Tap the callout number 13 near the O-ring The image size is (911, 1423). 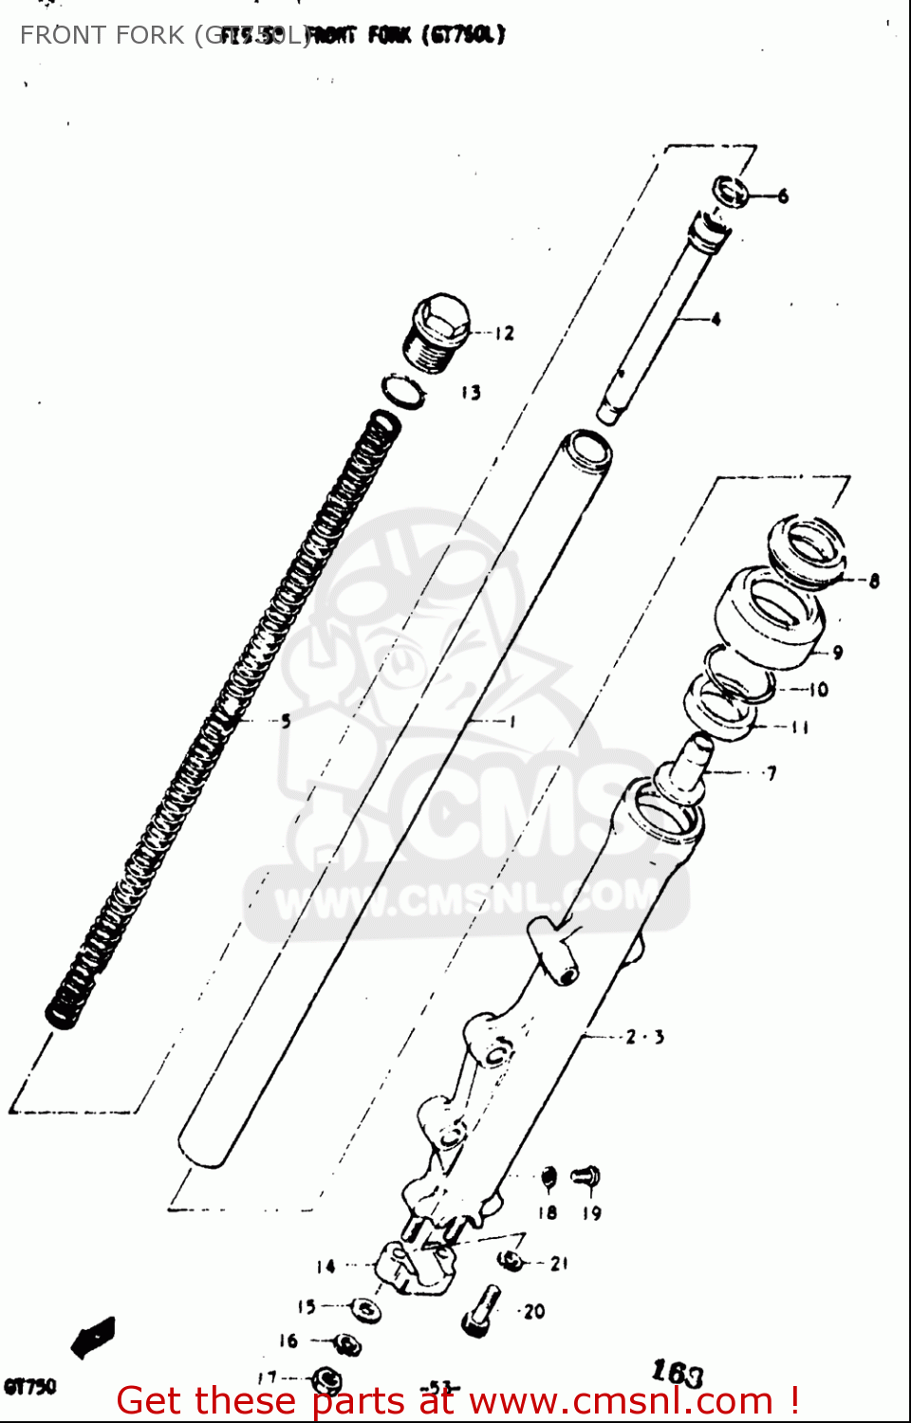472,392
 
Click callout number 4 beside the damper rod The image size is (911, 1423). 716,319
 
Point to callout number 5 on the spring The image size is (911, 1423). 286,721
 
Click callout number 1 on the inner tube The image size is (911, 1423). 513,722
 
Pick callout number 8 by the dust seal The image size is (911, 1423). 874,581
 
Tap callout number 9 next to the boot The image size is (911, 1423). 838,653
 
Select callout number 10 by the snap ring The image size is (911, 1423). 819,690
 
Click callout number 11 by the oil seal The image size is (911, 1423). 800,728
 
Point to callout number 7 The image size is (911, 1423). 772,773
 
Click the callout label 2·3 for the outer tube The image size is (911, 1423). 645,1037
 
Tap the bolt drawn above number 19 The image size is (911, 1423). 586,1177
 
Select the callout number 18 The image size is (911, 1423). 548,1212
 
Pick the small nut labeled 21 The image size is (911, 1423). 512,1261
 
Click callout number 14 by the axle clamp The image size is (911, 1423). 325,1266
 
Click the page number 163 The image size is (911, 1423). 678,1372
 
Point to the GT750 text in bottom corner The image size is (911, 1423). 30,1386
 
